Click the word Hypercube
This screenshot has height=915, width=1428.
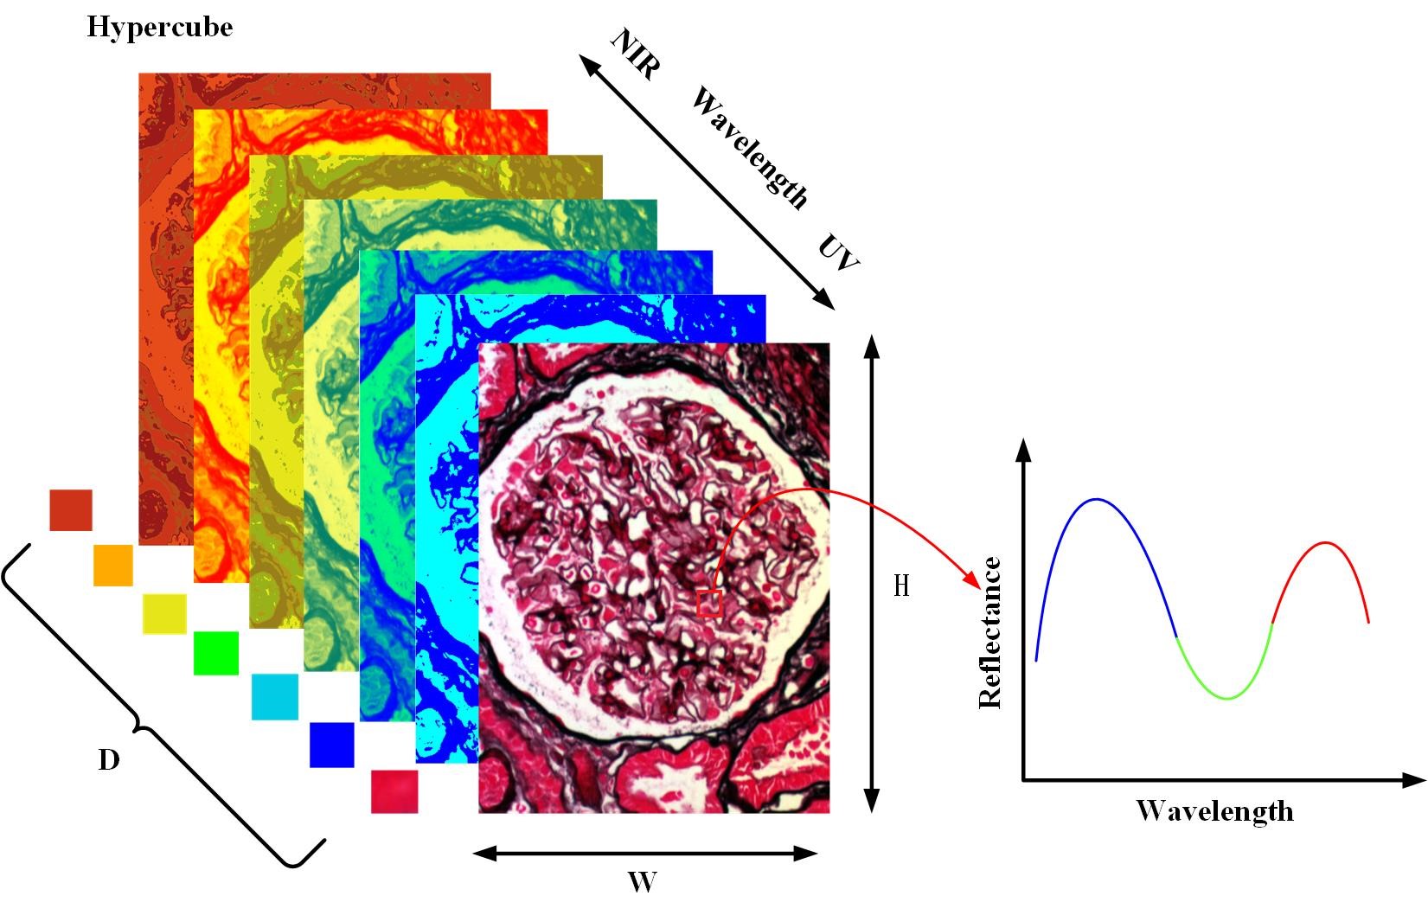coord(159,28)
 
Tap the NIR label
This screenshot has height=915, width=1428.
coord(635,54)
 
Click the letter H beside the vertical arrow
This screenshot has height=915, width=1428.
coord(901,586)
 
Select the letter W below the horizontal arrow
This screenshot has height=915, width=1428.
coord(642,883)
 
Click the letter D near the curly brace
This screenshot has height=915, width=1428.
coord(108,760)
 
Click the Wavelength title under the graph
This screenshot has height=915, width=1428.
coord(1214,811)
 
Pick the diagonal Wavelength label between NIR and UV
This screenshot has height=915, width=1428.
coord(749,150)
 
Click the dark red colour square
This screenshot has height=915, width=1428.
coord(71,509)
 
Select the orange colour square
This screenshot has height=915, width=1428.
coord(113,565)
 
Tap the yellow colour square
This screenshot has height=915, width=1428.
coord(164,614)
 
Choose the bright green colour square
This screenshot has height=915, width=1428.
coord(215,653)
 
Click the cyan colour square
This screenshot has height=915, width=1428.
coord(274,697)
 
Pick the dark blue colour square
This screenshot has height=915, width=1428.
coord(332,745)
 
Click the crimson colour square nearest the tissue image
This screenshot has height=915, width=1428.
coord(394,791)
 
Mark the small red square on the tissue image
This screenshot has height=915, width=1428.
coord(709,603)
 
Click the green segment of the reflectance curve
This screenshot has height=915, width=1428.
coord(1226,696)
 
